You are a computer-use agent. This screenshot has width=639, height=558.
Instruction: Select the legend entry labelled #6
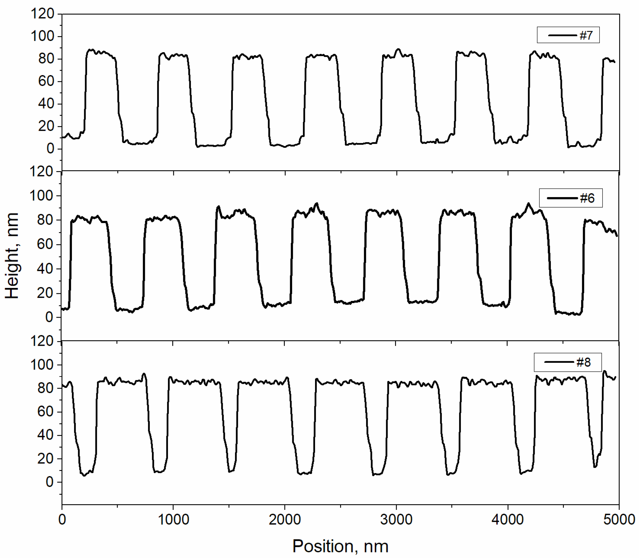[x=571, y=198]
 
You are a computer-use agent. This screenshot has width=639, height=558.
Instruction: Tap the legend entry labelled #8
[x=567, y=362]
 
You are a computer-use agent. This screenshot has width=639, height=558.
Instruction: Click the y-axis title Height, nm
[x=12, y=256]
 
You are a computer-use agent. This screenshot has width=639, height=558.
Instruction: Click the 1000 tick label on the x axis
[x=173, y=520]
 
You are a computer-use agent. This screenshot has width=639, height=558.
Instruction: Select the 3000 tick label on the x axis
[x=396, y=520]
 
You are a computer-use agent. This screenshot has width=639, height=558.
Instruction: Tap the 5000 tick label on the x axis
[x=619, y=520]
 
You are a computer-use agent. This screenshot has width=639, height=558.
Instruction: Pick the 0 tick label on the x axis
[x=62, y=520]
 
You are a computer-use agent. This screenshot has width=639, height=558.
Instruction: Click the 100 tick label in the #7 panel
[x=42, y=36]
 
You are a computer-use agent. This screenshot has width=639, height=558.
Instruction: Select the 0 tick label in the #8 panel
[x=49, y=482]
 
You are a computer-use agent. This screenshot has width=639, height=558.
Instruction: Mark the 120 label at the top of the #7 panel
[x=42, y=14]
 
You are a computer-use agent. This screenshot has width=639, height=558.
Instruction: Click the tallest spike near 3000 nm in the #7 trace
[x=398, y=49]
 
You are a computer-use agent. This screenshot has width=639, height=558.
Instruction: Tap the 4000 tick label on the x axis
[x=508, y=520]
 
